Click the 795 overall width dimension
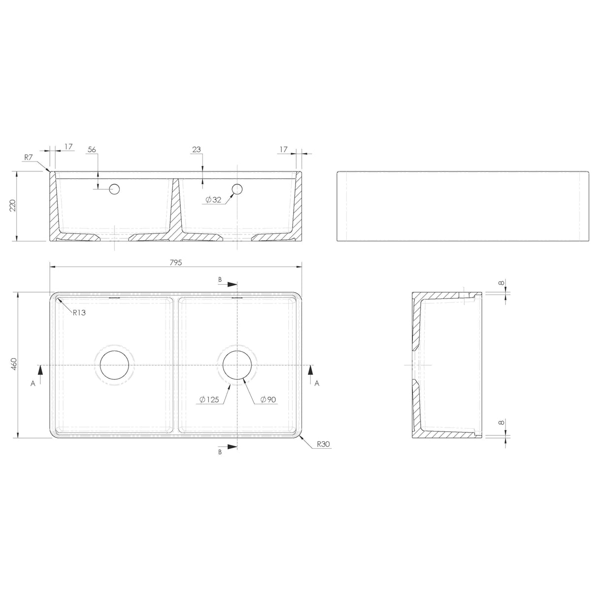tap(176, 263)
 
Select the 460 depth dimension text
tap(14, 365)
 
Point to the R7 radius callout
tap(29, 157)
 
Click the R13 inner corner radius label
tap(79, 313)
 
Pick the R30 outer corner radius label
tap(323, 444)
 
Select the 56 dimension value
tap(91, 149)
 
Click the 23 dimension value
tap(197, 149)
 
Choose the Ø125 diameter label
tap(209, 399)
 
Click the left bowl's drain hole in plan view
tap(114, 365)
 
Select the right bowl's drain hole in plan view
tap(237, 365)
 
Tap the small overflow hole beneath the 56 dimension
tap(115, 188)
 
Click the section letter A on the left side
tap(33, 384)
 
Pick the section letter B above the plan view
tap(220, 279)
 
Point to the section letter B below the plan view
tap(220, 451)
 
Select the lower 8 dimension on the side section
tap(501, 423)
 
